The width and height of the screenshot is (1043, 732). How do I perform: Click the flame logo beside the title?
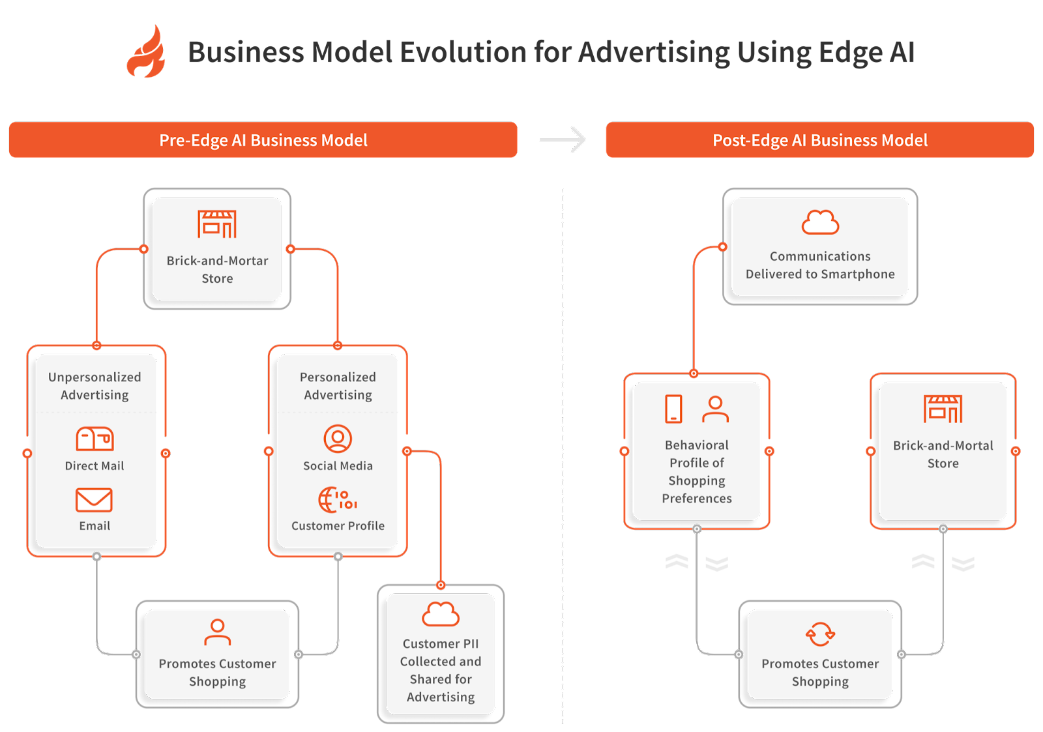point(146,52)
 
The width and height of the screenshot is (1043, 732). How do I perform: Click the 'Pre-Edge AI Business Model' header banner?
point(263,140)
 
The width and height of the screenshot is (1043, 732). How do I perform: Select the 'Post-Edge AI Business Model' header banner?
point(819,140)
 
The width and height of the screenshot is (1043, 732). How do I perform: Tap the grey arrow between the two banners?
point(563,139)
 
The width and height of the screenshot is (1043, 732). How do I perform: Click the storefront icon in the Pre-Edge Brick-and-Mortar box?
point(217,224)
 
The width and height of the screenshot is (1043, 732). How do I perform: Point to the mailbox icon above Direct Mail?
point(95,439)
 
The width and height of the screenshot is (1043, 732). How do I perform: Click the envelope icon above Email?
point(94,500)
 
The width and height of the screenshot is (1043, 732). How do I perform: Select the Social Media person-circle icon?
point(338,439)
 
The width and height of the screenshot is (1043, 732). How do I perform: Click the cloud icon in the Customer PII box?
point(441,614)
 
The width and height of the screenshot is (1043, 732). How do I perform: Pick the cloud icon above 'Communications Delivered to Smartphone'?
point(820,222)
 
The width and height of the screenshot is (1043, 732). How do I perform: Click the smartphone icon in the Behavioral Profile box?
point(673,409)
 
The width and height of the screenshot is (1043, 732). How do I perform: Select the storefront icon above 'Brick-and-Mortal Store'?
point(943,409)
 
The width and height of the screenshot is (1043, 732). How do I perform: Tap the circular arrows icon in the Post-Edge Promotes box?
point(820,634)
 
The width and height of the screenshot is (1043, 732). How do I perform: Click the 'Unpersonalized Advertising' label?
point(95,386)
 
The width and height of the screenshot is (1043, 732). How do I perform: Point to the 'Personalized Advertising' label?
point(338,386)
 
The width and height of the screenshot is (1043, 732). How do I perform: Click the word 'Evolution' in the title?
point(463,52)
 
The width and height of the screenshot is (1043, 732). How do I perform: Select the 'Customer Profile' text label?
point(338,526)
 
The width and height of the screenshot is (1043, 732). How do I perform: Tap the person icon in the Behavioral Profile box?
point(715,409)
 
